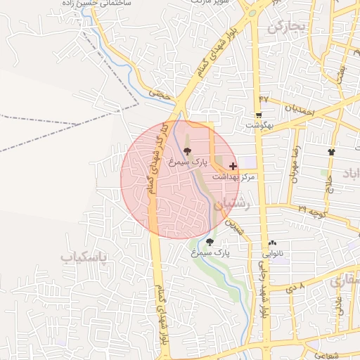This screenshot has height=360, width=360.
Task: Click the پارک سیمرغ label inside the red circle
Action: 188,162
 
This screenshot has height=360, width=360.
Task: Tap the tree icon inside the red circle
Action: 187,151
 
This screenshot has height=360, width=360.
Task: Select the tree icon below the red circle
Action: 210,242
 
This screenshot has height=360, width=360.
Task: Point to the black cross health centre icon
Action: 233,167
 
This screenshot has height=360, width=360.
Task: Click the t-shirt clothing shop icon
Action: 331,151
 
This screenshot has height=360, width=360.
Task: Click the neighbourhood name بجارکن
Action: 288,27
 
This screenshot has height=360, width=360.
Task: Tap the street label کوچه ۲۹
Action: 311,210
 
